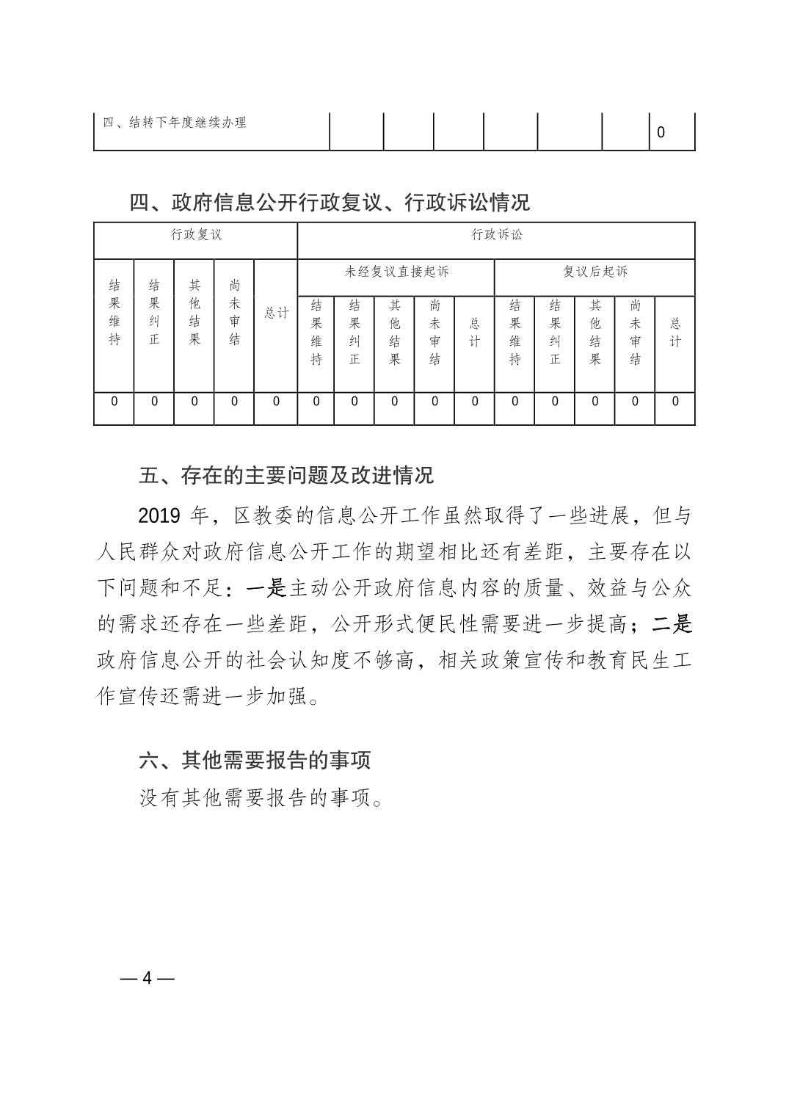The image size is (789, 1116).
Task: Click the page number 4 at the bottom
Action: (x=147, y=979)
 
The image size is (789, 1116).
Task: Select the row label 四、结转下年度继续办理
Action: (x=175, y=123)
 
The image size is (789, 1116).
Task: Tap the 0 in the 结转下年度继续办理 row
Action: (x=661, y=133)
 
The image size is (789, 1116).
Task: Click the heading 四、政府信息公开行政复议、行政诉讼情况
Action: (x=330, y=202)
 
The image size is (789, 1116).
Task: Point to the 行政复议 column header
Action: (x=196, y=235)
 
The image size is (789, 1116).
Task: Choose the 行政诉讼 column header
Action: (x=496, y=235)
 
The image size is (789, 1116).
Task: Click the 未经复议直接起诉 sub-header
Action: (x=396, y=272)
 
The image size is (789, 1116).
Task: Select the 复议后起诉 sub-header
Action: (x=595, y=272)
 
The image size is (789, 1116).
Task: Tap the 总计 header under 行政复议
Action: (x=276, y=313)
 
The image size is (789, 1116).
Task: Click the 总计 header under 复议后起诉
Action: (x=675, y=332)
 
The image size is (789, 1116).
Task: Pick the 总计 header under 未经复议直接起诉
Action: (x=475, y=332)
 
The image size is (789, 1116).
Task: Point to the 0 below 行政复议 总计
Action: (x=276, y=402)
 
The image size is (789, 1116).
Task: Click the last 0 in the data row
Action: (x=675, y=402)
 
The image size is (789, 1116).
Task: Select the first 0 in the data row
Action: (x=114, y=402)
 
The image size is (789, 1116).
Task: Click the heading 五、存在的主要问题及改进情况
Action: (x=286, y=475)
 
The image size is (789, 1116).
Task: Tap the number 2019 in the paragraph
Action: (x=159, y=515)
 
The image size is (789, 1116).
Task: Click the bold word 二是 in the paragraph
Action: (x=672, y=624)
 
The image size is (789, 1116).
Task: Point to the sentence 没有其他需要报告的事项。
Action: (x=261, y=798)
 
